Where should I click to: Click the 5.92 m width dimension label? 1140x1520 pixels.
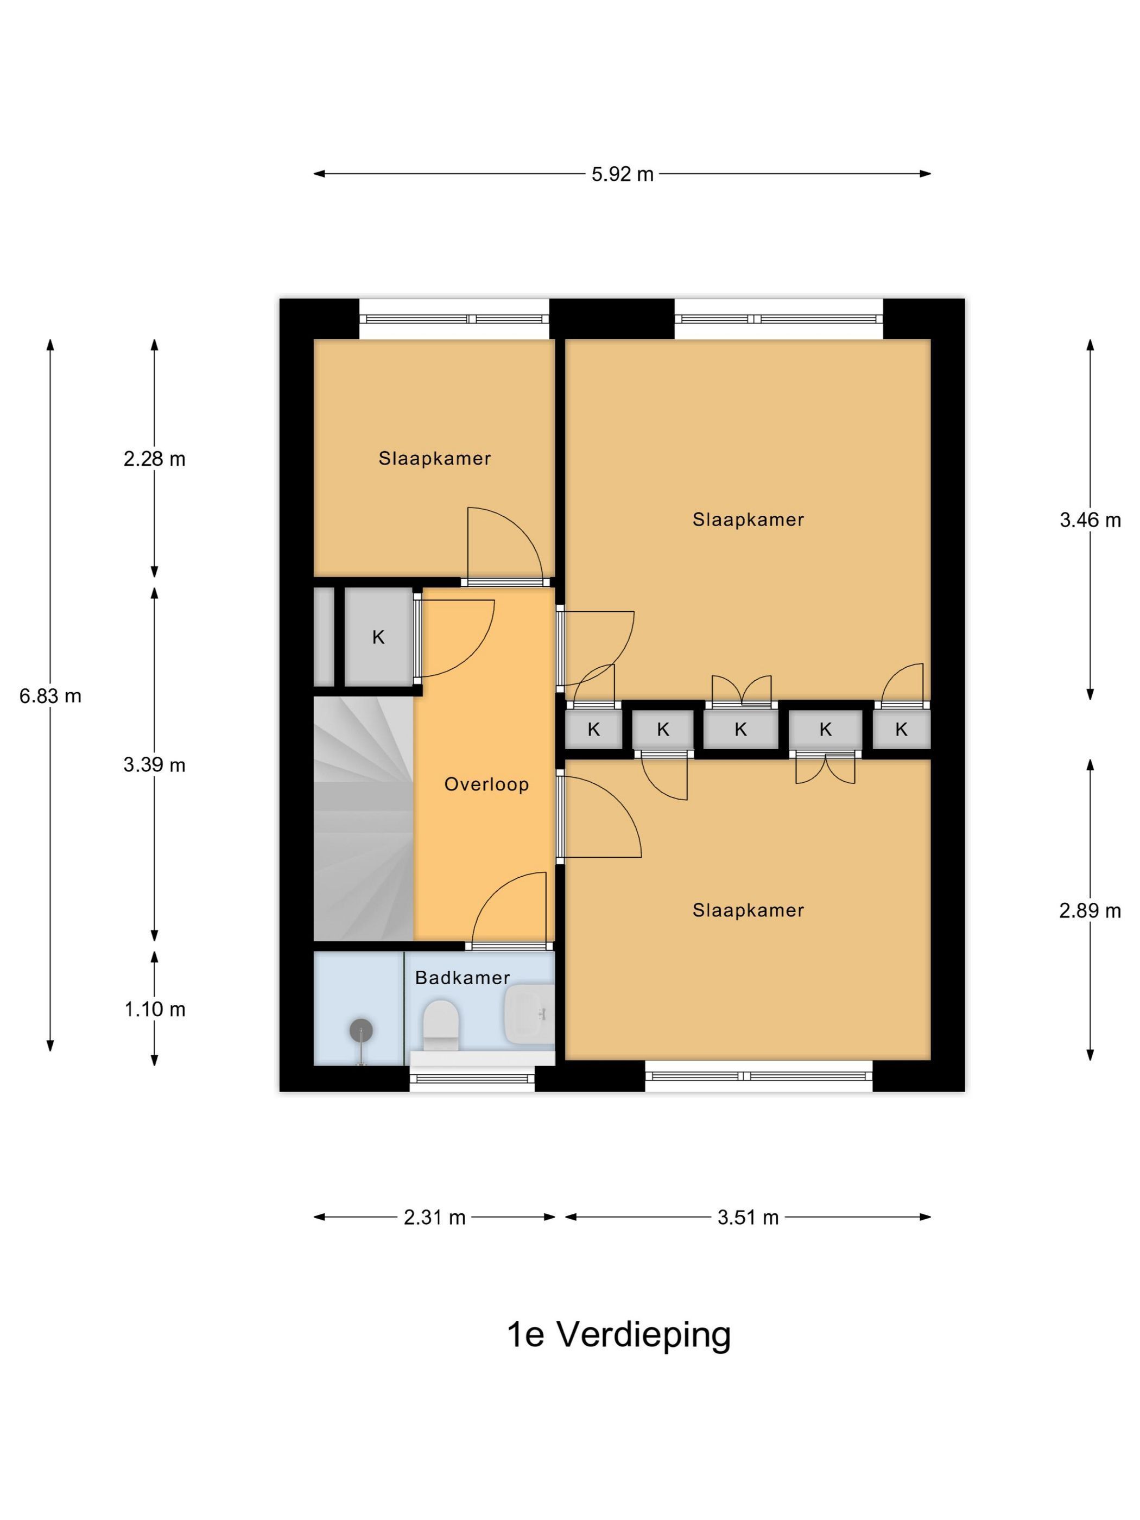pyautogui.click(x=622, y=174)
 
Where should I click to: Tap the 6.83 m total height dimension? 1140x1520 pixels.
pyautogui.click(x=50, y=696)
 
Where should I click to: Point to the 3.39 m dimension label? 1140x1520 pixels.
pyautogui.click(x=155, y=765)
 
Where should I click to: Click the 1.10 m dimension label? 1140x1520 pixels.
pyautogui.click(x=155, y=1009)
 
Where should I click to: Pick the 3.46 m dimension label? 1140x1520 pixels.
pyautogui.click(x=1090, y=520)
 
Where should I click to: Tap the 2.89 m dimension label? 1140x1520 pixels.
pyautogui.click(x=1090, y=910)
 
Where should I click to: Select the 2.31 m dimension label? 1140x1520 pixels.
pyautogui.click(x=434, y=1218)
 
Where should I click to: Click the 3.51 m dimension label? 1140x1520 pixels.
pyautogui.click(x=748, y=1218)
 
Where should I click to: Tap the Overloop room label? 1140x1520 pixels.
pyautogui.click(x=486, y=784)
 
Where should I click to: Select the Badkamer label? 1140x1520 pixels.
pyautogui.click(x=463, y=978)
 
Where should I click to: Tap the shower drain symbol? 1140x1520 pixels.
pyautogui.click(x=361, y=1029)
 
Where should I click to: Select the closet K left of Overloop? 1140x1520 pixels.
pyautogui.click(x=378, y=637)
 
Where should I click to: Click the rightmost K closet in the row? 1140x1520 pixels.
pyautogui.click(x=901, y=729)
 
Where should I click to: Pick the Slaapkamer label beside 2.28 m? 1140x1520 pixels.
pyautogui.click(x=435, y=458)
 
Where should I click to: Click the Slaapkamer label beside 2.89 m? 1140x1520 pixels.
pyautogui.click(x=748, y=910)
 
